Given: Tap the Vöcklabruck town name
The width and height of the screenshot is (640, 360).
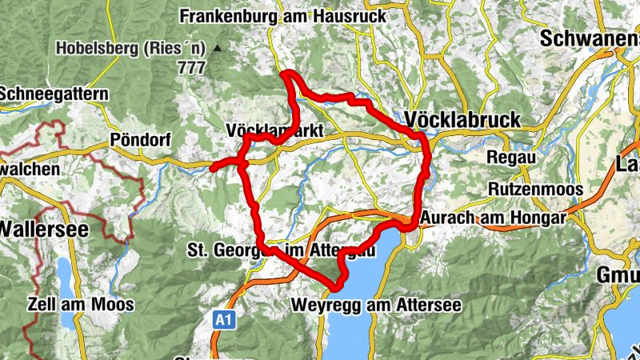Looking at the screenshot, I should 463,119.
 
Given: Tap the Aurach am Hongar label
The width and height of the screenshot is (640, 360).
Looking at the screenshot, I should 494,218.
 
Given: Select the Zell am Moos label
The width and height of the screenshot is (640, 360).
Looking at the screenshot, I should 81,305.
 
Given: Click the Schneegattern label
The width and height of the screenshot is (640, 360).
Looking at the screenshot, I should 54,94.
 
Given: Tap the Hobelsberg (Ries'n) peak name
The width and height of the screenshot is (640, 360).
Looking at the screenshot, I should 131,49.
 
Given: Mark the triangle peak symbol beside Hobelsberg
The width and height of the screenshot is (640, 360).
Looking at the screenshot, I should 217,49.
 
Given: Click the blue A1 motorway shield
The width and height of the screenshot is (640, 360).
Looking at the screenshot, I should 226,320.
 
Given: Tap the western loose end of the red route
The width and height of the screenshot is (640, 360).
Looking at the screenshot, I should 213,168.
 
